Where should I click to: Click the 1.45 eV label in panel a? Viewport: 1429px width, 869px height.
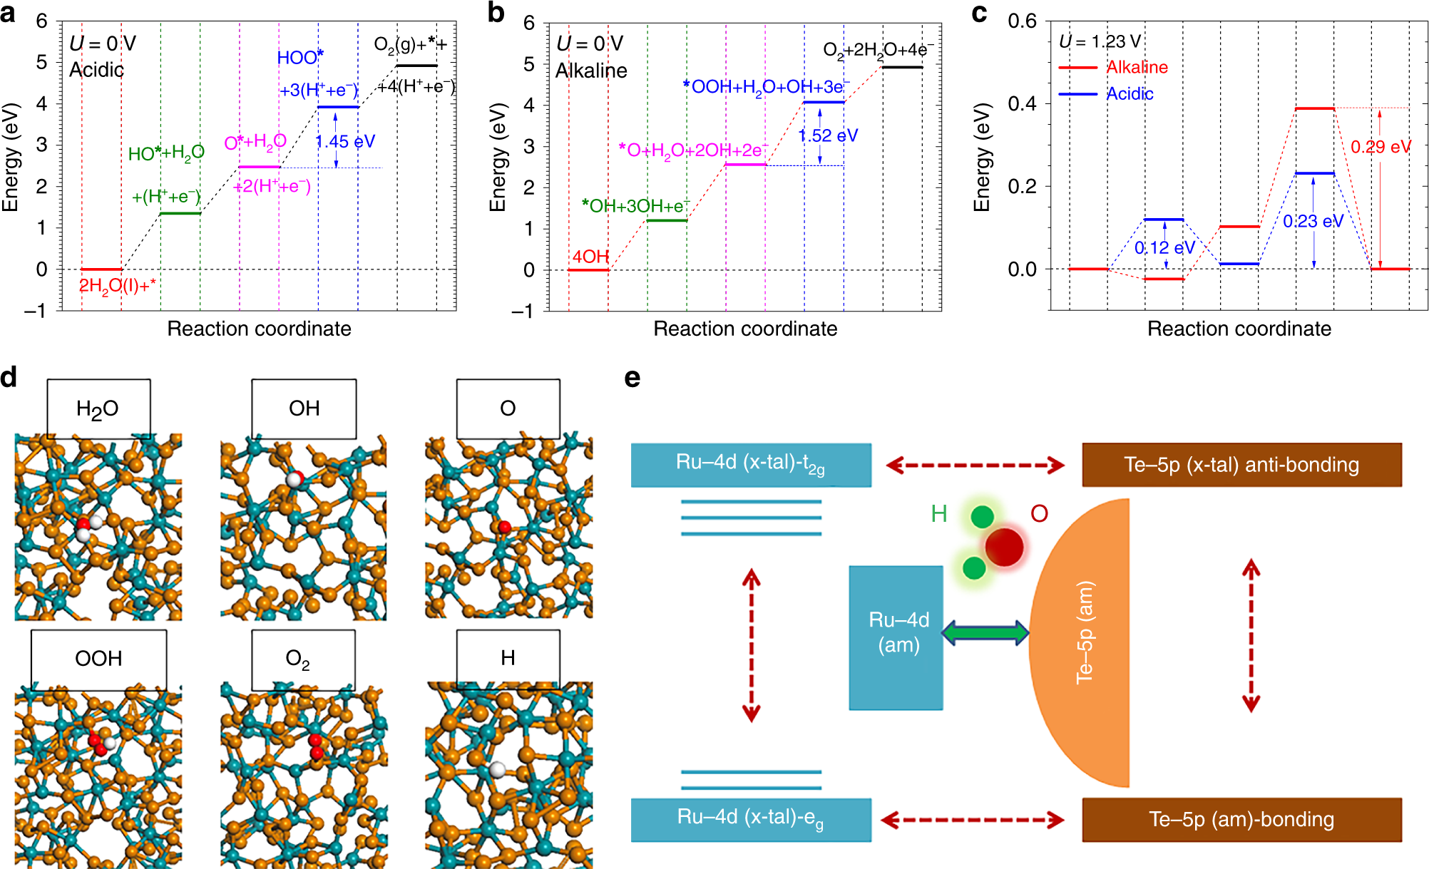point(345,141)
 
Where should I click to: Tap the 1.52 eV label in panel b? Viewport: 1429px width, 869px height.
point(828,135)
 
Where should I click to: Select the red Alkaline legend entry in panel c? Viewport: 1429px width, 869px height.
point(1137,67)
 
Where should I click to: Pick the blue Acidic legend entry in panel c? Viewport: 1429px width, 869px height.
point(1130,93)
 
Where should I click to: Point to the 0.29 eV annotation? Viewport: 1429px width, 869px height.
point(1381,147)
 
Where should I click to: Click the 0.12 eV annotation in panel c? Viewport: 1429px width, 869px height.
point(1164,247)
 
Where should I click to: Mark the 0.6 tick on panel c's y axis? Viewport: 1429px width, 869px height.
point(1022,21)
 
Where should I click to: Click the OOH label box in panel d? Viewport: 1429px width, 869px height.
point(98,659)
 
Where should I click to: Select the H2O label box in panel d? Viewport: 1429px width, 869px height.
point(98,408)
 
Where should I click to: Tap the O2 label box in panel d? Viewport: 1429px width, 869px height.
point(303,659)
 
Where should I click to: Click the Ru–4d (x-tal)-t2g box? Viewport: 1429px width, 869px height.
point(751,465)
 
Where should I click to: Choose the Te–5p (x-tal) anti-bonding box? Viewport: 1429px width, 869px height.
point(1241,465)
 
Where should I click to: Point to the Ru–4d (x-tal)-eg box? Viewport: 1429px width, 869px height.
point(751,819)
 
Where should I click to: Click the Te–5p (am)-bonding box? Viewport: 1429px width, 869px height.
point(1241,819)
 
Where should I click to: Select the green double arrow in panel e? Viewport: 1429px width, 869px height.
point(985,632)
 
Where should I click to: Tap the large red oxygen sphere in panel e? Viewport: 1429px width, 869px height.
point(1004,547)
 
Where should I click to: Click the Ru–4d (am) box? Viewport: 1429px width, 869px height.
point(896,637)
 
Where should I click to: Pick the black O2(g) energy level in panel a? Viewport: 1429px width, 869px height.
point(416,66)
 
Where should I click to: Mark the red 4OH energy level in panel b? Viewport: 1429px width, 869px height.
point(588,269)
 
